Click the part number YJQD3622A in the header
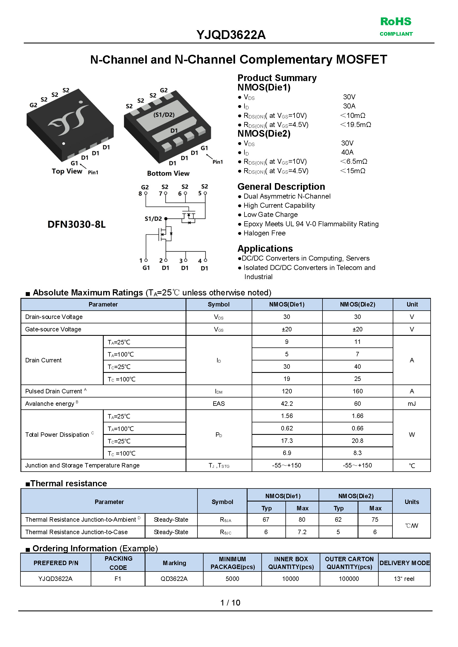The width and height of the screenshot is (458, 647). coord(231,35)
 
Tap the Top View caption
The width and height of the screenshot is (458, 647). coord(67,171)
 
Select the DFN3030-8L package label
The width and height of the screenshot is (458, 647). coord(76,224)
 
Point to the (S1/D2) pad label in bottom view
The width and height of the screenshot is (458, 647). coord(164,115)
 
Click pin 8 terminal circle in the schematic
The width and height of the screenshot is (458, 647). coord(146,193)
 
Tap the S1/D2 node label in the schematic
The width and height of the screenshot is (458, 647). coord(153,219)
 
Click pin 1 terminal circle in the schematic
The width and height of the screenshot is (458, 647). coord(146,260)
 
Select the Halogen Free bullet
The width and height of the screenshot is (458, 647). coord(264,233)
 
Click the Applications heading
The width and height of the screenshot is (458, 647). coord(265,248)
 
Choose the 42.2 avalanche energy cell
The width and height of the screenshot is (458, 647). coord(287,404)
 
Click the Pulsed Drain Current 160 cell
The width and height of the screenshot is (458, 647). coord(357,391)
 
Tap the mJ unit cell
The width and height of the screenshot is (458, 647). coord(412,404)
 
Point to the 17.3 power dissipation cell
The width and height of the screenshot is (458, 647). coord(287,441)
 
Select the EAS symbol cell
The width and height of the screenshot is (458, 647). coord(218,404)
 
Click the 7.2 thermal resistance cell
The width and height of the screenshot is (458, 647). coord(302,532)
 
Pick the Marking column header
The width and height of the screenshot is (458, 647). coord(174,563)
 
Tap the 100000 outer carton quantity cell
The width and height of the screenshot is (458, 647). coord(348,579)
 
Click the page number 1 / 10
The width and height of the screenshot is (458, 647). coord(230,603)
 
